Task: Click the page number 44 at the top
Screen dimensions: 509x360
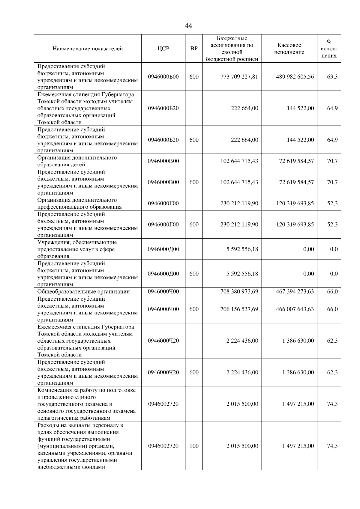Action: point(188,26)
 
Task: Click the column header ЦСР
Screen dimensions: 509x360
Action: point(163,49)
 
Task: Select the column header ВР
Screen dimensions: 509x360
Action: point(194,49)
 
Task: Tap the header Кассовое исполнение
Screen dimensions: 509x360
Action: point(289,49)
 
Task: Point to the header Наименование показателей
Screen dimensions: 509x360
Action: point(88,49)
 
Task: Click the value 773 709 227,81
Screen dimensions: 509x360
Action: point(239,77)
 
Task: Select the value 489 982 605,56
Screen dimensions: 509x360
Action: point(295,77)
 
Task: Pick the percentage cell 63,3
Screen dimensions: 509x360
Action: point(332,77)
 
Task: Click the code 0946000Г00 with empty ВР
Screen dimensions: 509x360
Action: point(163,204)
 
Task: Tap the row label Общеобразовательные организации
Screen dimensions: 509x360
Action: point(83,292)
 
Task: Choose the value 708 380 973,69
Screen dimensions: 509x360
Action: point(239,292)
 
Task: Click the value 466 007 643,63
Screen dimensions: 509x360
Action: point(295,309)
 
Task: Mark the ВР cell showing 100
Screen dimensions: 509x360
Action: point(194,446)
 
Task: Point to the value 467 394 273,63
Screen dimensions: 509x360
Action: point(295,292)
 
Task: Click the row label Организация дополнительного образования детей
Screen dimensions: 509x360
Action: point(77,161)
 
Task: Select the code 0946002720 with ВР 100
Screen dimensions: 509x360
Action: point(163,446)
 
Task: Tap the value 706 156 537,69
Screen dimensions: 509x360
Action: point(239,309)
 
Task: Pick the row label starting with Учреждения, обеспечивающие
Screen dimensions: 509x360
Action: point(77,249)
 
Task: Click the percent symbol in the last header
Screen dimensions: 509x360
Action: point(329,42)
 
